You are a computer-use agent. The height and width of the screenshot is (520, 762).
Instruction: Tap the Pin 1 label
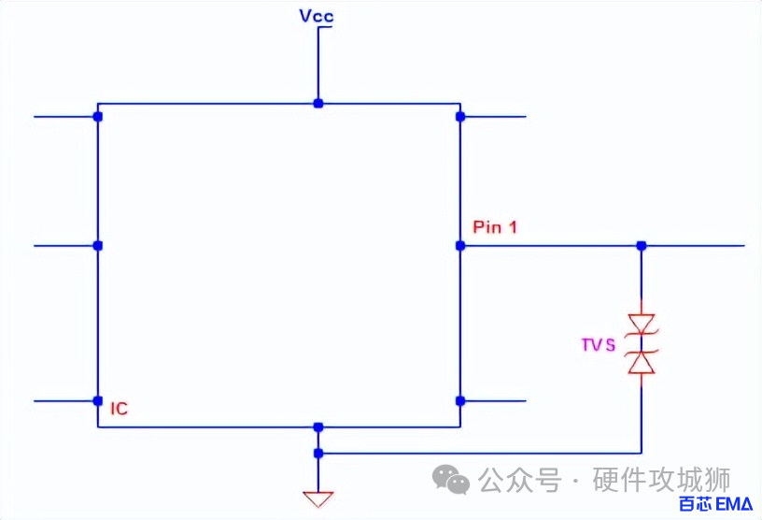[x=495, y=227]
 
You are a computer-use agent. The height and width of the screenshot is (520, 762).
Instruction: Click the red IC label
[x=119, y=409]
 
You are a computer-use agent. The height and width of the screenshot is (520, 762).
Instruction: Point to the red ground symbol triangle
[x=318, y=498]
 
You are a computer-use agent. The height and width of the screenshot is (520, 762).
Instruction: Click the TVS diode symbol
[x=642, y=345]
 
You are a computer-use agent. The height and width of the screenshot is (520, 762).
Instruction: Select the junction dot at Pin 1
[x=460, y=246]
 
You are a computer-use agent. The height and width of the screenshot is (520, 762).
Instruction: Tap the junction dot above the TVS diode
[x=642, y=246]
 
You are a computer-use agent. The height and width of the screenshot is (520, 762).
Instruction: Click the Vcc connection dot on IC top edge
[x=318, y=103]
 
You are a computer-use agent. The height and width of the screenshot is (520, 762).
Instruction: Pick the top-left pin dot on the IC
[x=98, y=117]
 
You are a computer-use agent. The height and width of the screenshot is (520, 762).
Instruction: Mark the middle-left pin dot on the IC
[x=98, y=246]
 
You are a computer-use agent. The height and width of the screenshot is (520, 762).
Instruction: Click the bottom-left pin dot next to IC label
[x=98, y=401]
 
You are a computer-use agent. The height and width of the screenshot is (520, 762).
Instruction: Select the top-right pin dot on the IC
[x=460, y=117]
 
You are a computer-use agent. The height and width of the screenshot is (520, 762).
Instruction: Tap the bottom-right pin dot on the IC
[x=460, y=401]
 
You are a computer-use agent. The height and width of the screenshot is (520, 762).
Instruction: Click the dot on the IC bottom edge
[x=318, y=426]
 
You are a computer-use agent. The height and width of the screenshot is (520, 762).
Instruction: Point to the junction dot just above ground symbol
[x=318, y=454]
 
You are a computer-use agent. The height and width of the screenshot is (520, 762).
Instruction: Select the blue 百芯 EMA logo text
[x=714, y=505]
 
